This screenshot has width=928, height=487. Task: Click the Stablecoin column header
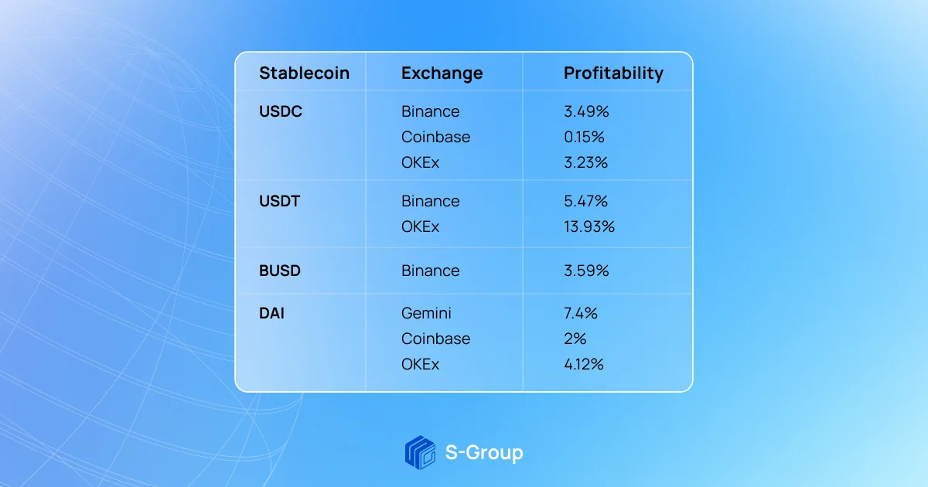pos(305,73)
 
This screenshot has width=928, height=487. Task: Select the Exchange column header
pos(442,73)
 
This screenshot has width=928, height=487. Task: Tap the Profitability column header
pos(613,73)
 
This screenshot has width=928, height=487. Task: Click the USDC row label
pos(281,111)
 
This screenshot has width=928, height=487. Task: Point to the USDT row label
pos(280,201)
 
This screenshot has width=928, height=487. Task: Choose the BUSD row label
pos(280,271)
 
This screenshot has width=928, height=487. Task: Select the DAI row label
pos(271,314)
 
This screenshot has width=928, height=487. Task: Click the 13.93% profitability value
pos(589,227)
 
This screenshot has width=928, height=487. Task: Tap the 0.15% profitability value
pos(584,137)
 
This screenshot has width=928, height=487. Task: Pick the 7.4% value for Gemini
pos(581,314)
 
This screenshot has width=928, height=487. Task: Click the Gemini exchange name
pos(426,314)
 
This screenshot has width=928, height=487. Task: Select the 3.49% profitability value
pos(586,111)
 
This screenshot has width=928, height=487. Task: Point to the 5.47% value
pos(586,201)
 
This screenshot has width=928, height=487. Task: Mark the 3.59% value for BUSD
pos(586,271)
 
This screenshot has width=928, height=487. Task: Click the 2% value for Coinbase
pos(575,339)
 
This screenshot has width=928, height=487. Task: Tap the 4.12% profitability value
pos(584,364)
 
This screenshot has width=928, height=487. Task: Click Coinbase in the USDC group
pos(436,137)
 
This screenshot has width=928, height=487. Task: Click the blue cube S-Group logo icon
pos(420,453)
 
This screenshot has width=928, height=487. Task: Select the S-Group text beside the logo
pos(484,453)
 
